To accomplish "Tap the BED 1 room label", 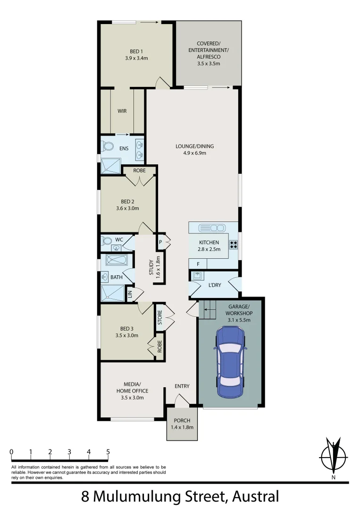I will (x=136, y=52).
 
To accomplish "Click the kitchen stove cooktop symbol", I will (x=233, y=244).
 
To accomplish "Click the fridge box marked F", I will (x=198, y=263).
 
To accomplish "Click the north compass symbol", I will (x=334, y=457).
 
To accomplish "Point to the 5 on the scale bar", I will (x=108, y=452).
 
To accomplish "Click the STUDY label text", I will (x=151, y=267).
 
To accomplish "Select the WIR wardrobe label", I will (x=122, y=111).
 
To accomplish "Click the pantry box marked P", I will (x=160, y=241).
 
